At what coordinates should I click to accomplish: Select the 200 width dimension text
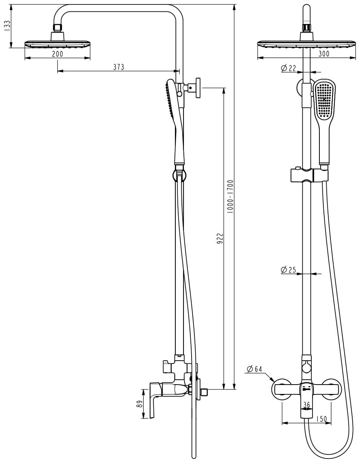point(58,54)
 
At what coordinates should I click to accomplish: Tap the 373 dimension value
point(119,67)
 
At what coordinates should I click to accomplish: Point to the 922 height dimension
point(220,238)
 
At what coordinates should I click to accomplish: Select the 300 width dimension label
point(324,54)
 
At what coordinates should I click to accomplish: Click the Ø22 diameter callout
point(289,68)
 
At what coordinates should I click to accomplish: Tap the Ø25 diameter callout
point(289,270)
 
